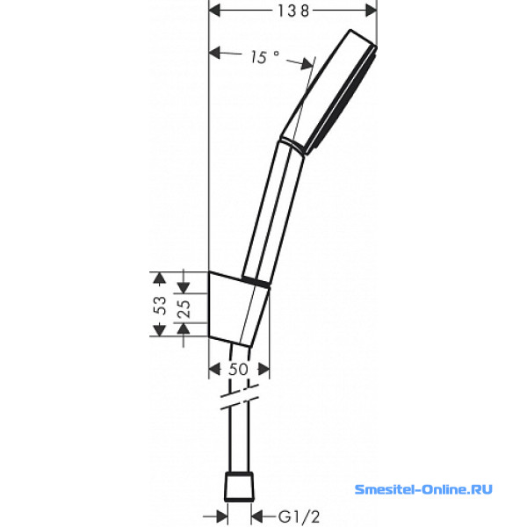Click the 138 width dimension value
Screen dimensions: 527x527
click(292, 11)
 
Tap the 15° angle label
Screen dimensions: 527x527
click(264, 57)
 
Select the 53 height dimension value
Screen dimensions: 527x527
click(161, 305)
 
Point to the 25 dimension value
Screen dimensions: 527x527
click(184, 308)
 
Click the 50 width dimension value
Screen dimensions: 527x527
click(238, 370)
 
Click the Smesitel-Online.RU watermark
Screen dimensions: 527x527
click(423, 489)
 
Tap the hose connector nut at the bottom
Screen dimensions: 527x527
click(239, 487)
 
